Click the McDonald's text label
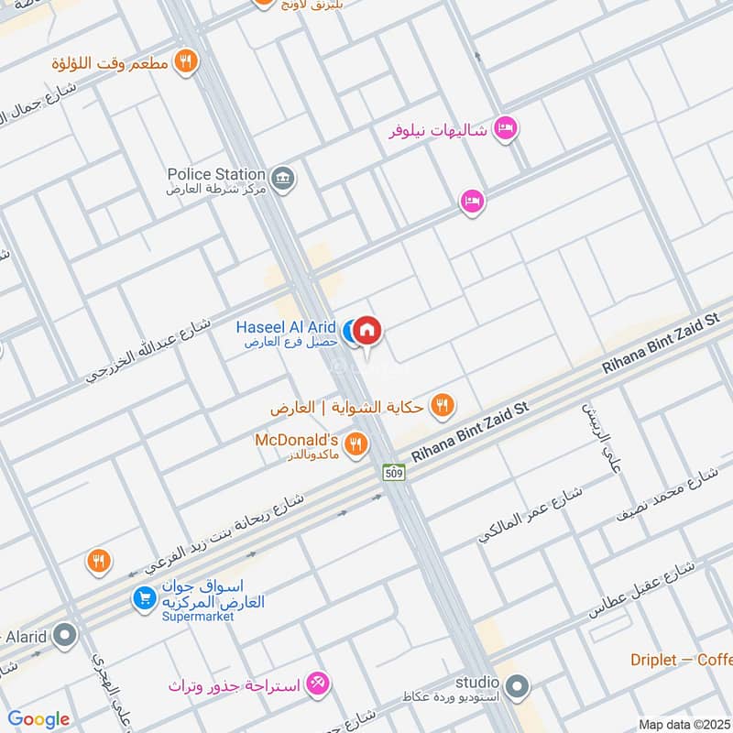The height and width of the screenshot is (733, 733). [297, 440]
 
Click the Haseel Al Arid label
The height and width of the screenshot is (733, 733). [286, 327]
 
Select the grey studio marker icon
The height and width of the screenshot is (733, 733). [517, 685]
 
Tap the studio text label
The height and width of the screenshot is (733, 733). [477, 683]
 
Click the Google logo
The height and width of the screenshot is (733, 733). [38, 719]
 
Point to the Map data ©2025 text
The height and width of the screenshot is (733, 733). [684, 724]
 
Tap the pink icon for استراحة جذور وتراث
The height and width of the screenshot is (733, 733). [318, 684]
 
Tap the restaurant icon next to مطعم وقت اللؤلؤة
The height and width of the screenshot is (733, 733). [186, 62]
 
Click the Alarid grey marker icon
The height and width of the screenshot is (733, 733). [65, 634]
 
